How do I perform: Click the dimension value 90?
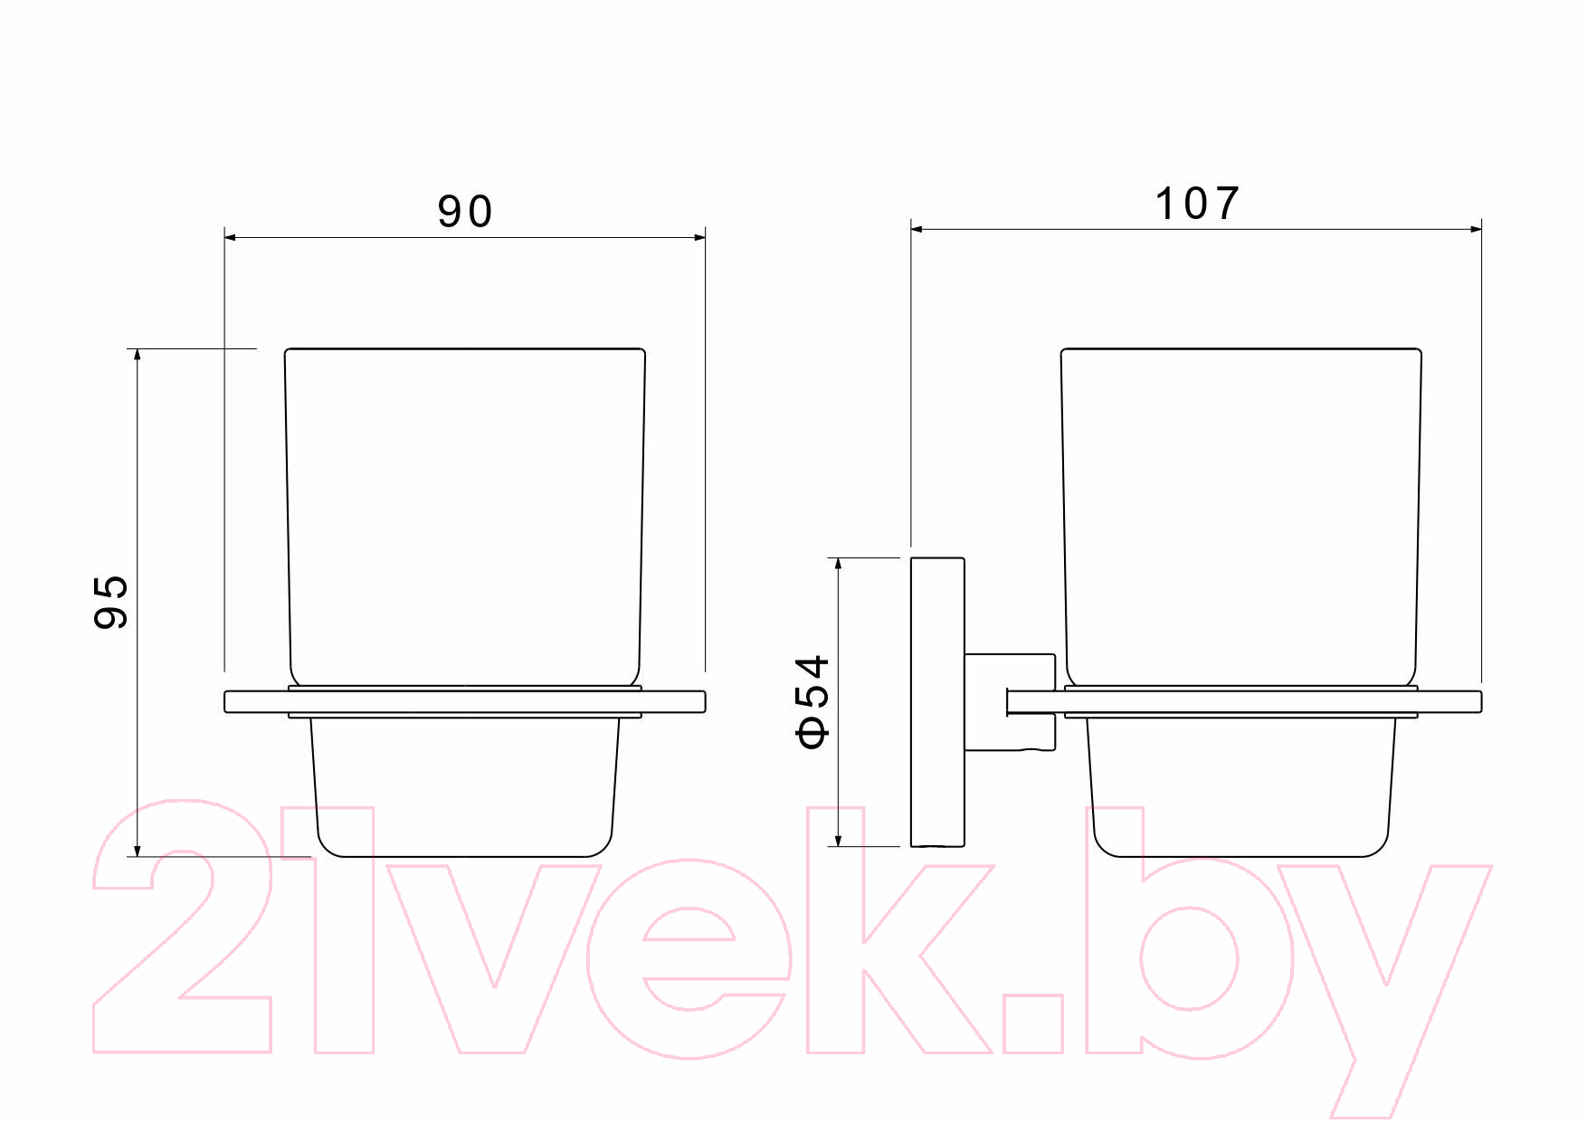(465, 212)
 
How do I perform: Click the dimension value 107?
(1197, 204)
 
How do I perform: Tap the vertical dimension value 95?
(111, 602)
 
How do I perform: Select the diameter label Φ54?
(813, 702)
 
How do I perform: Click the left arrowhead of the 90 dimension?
(231, 237)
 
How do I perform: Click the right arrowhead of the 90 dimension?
(699, 237)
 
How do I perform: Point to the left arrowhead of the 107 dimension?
(917, 230)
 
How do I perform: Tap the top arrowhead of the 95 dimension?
(138, 355)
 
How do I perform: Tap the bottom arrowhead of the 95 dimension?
(138, 850)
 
